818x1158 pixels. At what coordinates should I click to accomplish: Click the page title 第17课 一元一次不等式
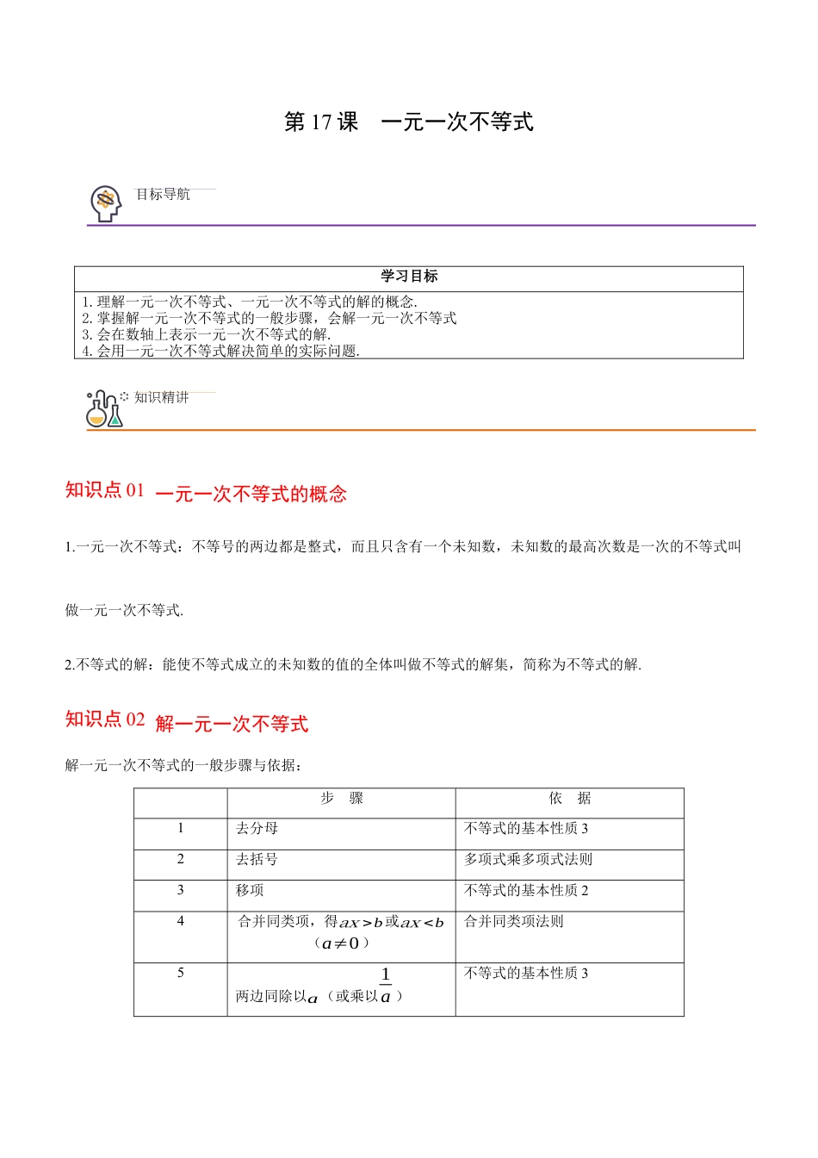tap(408, 122)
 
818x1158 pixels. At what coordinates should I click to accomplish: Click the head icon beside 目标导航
tap(106, 203)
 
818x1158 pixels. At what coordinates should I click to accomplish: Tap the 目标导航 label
tap(163, 195)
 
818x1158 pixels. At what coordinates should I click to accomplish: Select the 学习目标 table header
tap(409, 277)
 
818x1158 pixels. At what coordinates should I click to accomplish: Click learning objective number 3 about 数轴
tap(207, 334)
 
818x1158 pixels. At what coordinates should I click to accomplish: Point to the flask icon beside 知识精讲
tap(104, 409)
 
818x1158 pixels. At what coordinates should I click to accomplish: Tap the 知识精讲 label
tap(161, 397)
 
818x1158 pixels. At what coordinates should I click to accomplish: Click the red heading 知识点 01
tap(105, 490)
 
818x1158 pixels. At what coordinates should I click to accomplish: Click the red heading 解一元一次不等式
tap(232, 724)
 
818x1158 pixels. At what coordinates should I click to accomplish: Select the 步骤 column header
tap(342, 799)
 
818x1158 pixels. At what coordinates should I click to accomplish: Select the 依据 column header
tap(570, 799)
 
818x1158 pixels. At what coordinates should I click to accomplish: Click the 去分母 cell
tap(257, 829)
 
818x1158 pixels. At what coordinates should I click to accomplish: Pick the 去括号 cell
tap(257, 860)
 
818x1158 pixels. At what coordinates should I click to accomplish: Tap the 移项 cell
tap(251, 891)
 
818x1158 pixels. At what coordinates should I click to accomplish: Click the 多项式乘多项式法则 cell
tap(528, 860)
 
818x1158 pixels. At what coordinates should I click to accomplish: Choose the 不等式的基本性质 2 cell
tap(526, 891)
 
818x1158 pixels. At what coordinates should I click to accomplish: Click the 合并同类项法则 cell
tap(514, 922)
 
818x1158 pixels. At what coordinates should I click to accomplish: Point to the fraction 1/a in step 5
tap(386, 986)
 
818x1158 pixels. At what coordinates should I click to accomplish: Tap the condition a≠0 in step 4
tap(342, 943)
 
